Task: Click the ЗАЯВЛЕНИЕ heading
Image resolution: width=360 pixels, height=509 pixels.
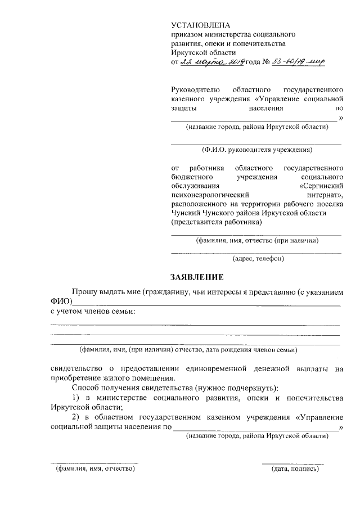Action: pos(197,277)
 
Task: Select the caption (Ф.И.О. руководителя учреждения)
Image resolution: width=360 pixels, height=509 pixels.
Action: pos(256,150)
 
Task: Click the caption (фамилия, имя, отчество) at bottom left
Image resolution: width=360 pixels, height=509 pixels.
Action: pos(94,469)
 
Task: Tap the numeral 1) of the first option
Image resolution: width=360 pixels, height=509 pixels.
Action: pos(76,398)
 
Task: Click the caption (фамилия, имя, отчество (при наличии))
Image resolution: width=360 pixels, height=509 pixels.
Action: pos(256,241)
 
